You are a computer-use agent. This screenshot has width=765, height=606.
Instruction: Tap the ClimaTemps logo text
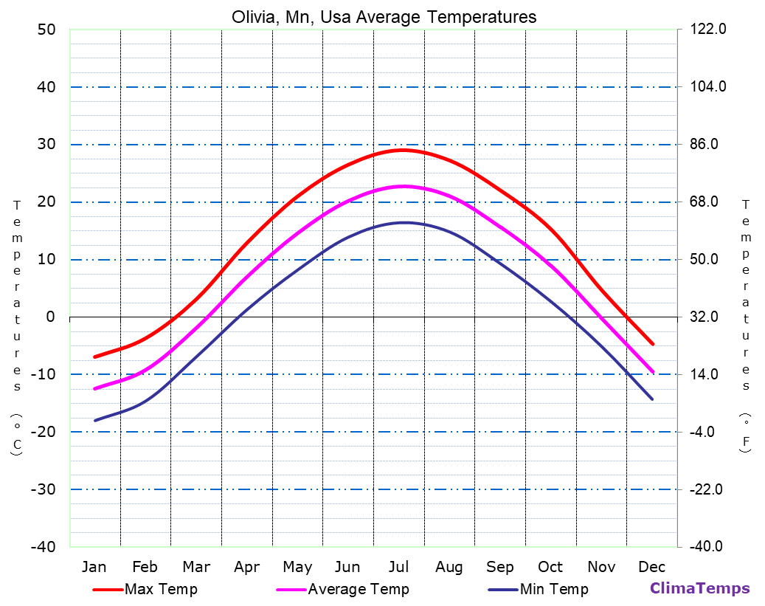click(699, 588)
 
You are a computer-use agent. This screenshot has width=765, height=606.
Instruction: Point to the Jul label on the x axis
click(398, 567)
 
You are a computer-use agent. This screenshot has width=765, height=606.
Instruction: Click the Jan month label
click(94, 567)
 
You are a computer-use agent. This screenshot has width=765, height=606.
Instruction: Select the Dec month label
click(652, 567)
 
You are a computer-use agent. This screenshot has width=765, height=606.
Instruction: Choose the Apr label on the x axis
click(246, 567)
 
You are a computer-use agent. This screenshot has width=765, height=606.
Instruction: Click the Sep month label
click(500, 567)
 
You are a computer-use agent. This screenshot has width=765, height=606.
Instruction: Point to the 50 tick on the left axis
click(46, 30)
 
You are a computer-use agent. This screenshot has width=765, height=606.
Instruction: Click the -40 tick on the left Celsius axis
click(42, 547)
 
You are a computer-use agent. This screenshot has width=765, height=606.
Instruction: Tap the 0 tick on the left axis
click(50, 317)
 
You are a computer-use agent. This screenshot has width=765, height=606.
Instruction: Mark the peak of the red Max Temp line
click(403, 150)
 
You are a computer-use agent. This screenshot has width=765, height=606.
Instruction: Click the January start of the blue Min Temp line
click(94, 421)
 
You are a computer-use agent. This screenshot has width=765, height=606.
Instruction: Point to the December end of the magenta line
click(653, 372)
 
